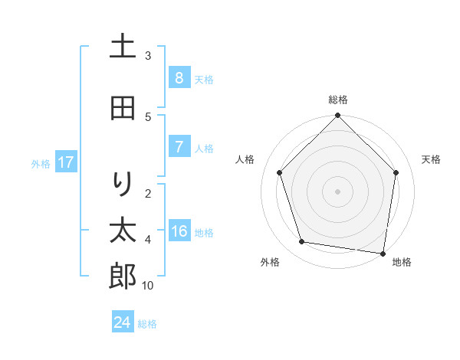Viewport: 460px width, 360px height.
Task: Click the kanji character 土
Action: [123, 47]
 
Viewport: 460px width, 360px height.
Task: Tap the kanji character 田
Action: [123, 109]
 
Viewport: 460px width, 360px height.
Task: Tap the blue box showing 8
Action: [179, 78]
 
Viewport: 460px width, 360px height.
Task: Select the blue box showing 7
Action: [179, 147]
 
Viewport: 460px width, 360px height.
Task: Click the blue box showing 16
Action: [179, 231]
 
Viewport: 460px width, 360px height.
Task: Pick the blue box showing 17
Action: [66, 162]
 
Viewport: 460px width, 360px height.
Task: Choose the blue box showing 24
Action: [123, 322]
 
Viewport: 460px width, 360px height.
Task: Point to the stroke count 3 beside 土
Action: [148, 56]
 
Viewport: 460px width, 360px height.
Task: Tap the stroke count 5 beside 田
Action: [148, 117]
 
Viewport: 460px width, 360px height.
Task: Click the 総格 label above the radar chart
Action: [338, 100]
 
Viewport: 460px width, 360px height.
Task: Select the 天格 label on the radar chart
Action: [431, 159]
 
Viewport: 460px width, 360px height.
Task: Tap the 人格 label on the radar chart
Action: [245, 159]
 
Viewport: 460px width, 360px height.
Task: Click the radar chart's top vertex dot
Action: [337, 116]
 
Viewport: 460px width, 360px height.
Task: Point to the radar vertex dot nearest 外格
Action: [302, 242]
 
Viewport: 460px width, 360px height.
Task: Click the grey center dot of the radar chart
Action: [337, 191]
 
